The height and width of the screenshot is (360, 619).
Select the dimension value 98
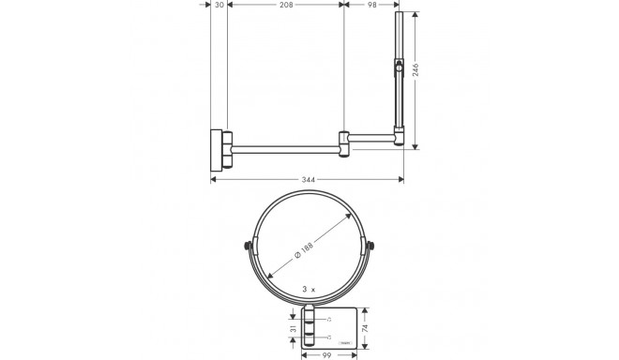[371, 6]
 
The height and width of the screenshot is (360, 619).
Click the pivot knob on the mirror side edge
[399, 68]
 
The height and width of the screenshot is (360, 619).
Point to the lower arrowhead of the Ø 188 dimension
[271, 277]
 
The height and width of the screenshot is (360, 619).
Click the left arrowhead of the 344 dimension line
[212, 178]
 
